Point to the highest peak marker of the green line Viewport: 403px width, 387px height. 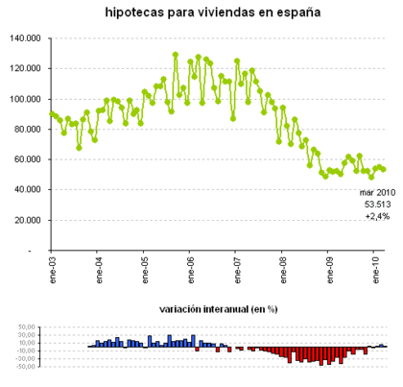click(176, 55)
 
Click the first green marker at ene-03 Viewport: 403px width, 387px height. click(52, 113)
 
